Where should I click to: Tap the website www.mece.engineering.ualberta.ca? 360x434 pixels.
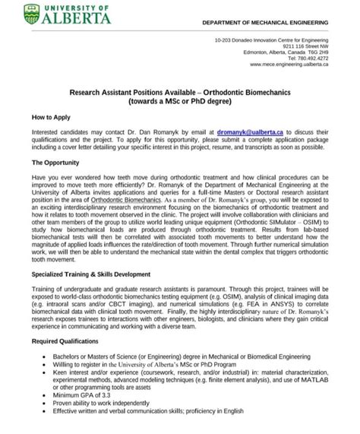(x=283, y=65)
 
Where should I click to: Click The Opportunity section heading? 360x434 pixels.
(x=60, y=163)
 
